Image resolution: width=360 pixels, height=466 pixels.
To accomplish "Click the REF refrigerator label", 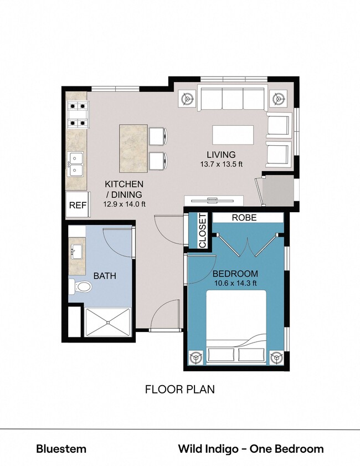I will tap(78, 206).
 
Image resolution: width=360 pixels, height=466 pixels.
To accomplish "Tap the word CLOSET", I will tap(202, 231).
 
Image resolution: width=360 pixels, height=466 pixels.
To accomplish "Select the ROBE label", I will tap(244, 218).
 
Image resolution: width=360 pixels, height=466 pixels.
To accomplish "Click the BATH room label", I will tap(104, 275).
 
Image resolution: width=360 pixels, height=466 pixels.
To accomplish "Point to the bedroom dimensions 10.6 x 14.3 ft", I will tap(235, 284).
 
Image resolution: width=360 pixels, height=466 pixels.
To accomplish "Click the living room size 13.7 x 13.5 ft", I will tap(222, 165).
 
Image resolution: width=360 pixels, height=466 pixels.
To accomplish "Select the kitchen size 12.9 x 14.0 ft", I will tap(124, 204).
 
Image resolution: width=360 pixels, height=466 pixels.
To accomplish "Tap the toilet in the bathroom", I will tap(82, 287).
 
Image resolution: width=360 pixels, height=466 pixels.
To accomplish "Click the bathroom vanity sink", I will tap(76, 252).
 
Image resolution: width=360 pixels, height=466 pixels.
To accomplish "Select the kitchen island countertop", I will tap(133, 148).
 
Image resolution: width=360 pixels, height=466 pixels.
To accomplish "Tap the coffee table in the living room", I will tap(233, 135).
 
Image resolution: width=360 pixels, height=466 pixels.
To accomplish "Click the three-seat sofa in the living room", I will tap(233, 100).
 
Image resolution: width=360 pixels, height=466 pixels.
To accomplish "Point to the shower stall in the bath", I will tap(108, 322).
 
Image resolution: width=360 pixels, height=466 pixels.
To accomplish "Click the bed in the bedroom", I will tap(235, 327).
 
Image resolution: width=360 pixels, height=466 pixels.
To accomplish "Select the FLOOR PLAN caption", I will tap(179, 390).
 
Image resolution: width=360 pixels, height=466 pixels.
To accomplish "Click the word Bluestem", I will tap(61, 449).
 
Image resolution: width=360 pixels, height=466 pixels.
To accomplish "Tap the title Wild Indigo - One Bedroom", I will tap(250, 449).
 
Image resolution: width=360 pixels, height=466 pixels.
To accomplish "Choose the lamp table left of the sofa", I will tap(188, 100).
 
